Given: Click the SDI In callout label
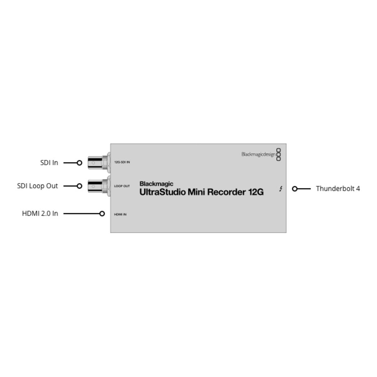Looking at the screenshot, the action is [49, 163].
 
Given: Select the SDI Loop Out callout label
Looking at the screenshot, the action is [37, 186].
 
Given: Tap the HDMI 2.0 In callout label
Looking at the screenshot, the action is [40, 213].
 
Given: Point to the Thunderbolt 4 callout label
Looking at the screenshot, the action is [338, 188].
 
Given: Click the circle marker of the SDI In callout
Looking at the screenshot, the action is [79, 163].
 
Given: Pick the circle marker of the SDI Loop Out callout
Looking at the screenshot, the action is [79, 186].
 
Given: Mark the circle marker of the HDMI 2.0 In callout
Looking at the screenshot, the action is [102, 214].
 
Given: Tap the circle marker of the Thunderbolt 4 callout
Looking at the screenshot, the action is [295, 189].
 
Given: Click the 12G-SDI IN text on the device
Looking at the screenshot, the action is [122, 162].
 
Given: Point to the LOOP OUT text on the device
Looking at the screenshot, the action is [122, 186].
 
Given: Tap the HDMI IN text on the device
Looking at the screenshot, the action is [120, 215].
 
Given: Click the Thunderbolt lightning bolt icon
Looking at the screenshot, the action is [281, 189].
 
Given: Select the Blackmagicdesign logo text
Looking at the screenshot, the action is [259, 155].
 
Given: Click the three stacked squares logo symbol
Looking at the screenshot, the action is [278, 155].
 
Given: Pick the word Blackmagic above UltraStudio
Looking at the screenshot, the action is [156, 184].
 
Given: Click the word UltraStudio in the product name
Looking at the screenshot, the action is [162, 192].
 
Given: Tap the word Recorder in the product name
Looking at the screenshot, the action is [227, 192].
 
